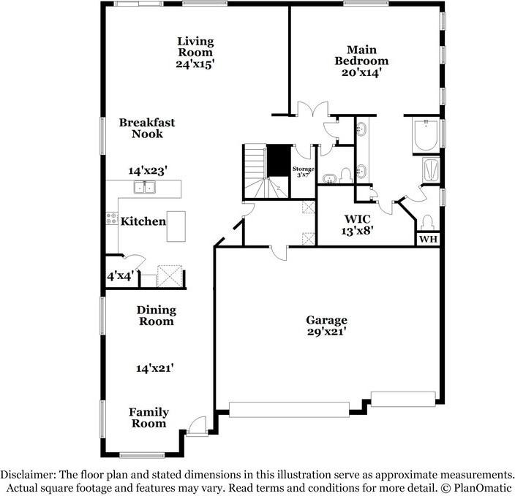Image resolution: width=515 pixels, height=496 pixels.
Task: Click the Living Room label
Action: (195, 46)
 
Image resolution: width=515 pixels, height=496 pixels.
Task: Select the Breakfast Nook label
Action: (147, 129)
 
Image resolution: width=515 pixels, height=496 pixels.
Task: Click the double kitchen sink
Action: (145, 188)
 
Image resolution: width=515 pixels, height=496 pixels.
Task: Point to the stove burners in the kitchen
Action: (112, 217)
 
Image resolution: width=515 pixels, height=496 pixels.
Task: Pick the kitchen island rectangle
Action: (176, 226)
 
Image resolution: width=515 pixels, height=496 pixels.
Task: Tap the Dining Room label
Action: (156, 316)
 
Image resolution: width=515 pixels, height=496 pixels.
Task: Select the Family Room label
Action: (149, 418)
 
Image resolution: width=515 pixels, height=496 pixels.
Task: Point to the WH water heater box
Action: (428, 239)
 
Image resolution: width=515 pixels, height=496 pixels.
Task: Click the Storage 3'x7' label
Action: (304, 172)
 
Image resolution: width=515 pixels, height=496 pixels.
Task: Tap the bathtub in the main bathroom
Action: (426, 136)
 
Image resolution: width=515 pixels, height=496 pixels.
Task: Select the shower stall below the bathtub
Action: (430, 170)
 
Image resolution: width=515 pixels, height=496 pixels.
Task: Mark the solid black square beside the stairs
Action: (278, 161)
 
